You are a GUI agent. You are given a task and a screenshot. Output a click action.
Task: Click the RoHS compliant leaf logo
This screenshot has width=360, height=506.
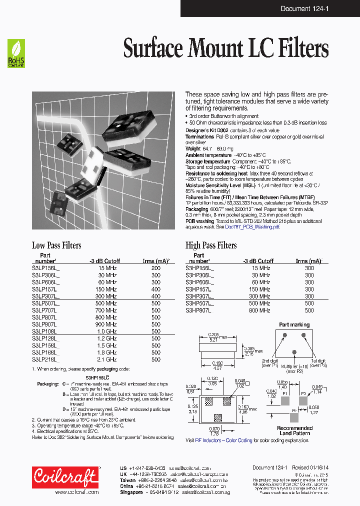[15, 54]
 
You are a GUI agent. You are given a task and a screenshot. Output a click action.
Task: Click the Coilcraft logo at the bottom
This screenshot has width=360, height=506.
[65, 478]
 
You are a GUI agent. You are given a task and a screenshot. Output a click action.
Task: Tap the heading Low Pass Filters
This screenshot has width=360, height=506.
[56, 245]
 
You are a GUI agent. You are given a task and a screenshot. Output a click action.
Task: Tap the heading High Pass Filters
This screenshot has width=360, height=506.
[211, 245]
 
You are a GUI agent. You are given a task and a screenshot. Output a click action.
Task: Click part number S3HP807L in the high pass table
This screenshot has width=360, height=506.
[198, 310]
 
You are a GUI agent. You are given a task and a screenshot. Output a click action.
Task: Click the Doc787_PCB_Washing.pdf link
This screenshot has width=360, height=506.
[252, 226]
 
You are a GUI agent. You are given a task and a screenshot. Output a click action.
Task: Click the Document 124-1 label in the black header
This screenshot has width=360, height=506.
[301, 8]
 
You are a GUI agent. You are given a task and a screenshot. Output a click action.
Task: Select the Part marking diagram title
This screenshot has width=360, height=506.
[294, 324]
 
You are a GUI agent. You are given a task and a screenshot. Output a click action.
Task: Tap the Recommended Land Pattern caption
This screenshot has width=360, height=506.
[294, 430]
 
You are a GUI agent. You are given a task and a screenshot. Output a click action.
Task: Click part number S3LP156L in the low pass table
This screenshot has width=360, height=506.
[45, 268]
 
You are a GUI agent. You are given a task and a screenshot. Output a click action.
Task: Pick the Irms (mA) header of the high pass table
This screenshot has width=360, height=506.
[308, 261]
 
